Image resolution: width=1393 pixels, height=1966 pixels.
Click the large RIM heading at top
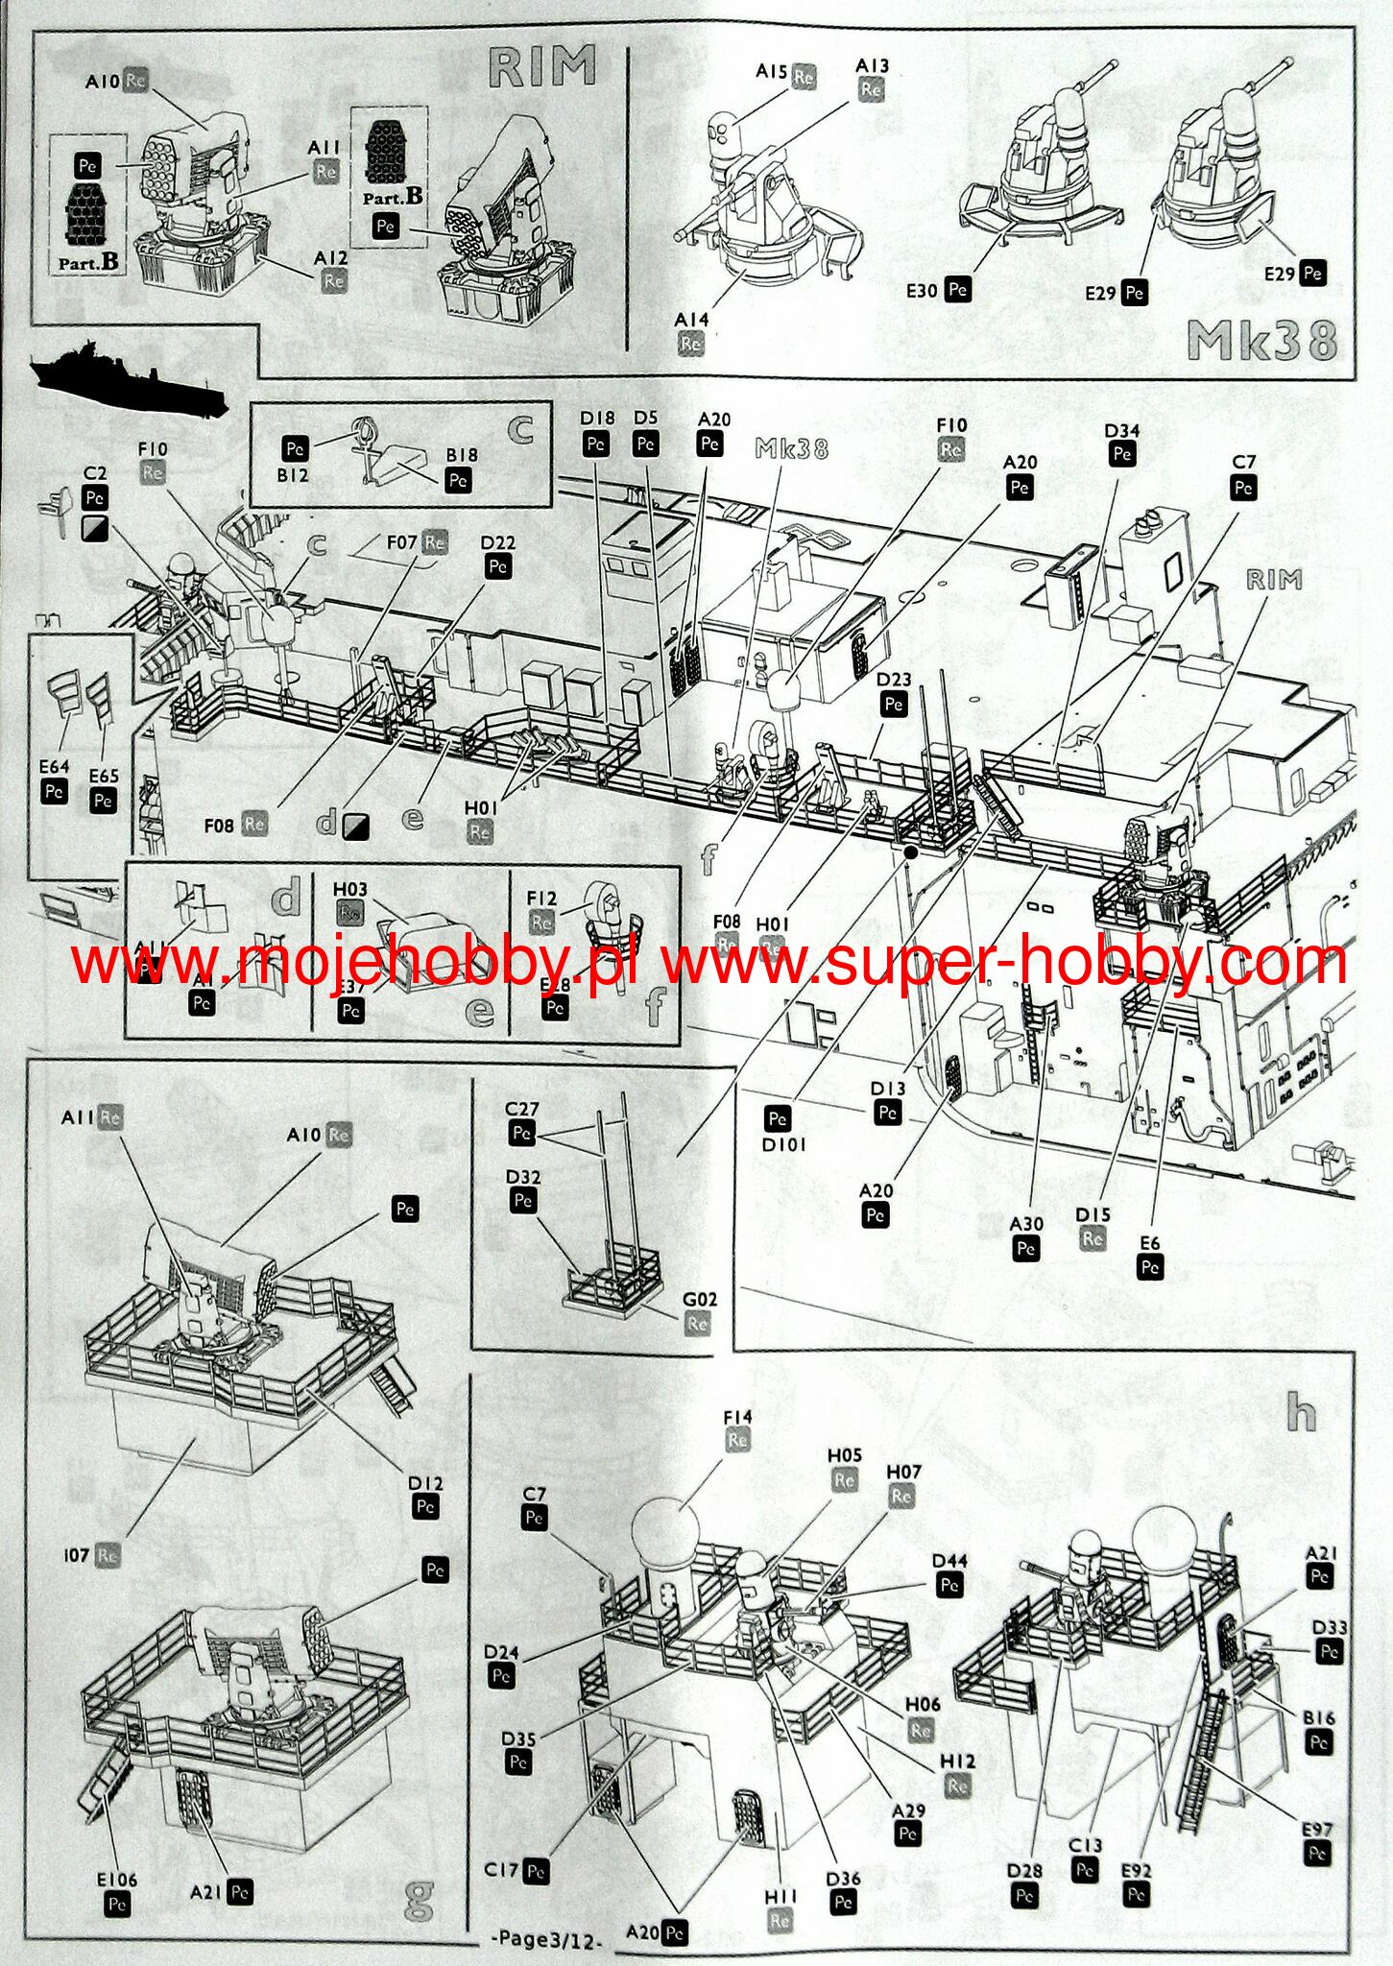(x=542, y=67)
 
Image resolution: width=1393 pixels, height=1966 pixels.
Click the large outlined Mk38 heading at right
(x=1261, y=340)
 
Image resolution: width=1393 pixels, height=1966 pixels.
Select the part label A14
(x=691, y=320)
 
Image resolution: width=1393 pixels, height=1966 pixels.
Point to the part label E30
(x=922, y=290)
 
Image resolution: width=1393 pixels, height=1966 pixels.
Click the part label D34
(x=1121, y=431)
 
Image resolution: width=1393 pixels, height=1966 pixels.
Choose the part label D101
(x=784, y=1144)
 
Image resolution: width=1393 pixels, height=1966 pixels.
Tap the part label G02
(x=700, y=1300)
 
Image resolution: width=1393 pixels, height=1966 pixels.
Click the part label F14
(x=737, y=1417)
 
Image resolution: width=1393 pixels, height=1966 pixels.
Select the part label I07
(x=78, y=1554)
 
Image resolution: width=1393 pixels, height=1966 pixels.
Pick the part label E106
(x=117, y=1880)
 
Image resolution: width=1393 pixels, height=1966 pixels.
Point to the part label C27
(x=522, y=1110)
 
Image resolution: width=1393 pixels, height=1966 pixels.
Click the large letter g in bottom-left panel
(x=419, y=1898)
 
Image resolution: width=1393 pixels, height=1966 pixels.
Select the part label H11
(x=781, y=1898)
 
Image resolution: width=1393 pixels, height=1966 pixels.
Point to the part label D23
(x=894, y=680)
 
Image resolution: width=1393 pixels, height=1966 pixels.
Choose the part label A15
(x=772, y=72)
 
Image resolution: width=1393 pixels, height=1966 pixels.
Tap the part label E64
(x=54, y=767)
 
